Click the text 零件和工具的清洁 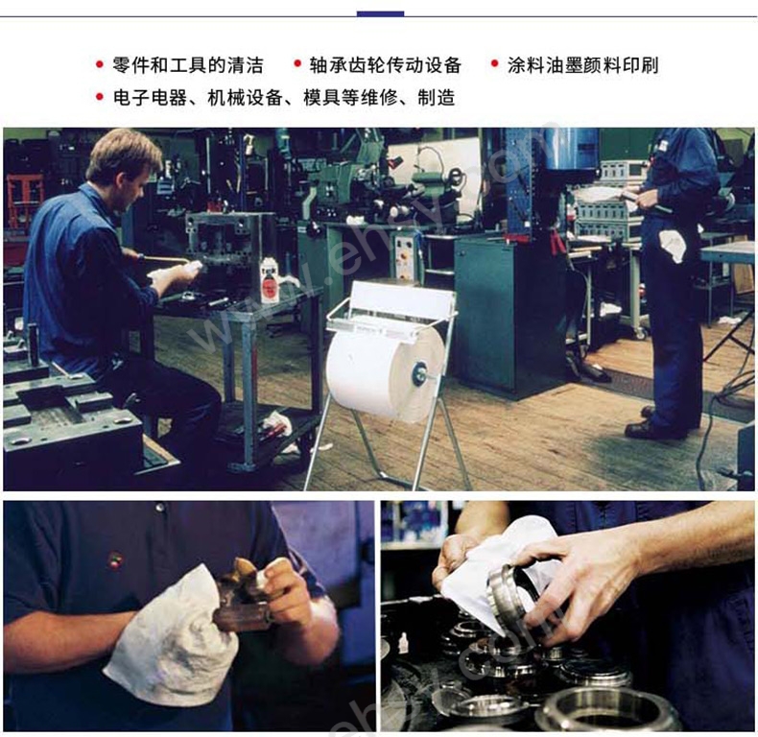[188, 65]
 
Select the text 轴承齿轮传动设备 [386, 65]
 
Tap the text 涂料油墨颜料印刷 [583, 65]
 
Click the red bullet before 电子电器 [100, 97]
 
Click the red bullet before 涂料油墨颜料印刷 [494, 64]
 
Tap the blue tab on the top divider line [381, 14]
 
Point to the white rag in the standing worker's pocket [674, 244]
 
